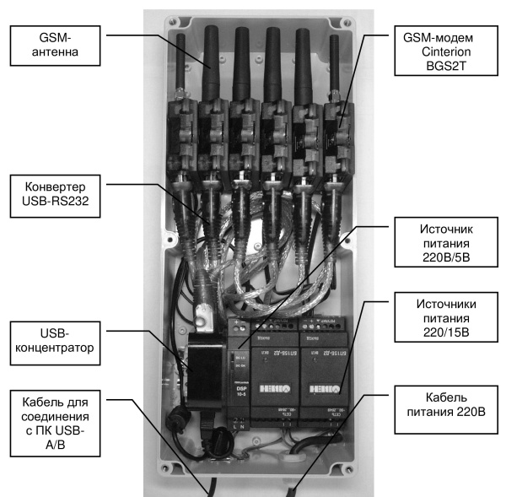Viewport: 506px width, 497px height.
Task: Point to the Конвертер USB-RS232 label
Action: pyautogui.click(x=57, y=193)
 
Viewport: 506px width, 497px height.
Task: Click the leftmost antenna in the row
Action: pyautogui.click(x=180, y=63)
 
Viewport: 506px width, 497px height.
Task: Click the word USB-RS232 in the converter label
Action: pyautogui.click(x=57, y=201)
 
